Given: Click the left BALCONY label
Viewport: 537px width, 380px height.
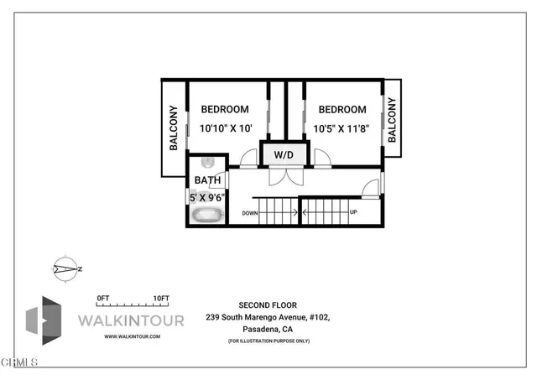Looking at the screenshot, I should coord(174,128).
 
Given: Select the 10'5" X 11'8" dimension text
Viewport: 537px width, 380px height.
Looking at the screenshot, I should coord(342,128).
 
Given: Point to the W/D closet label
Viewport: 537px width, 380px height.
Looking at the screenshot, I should coord(284,155).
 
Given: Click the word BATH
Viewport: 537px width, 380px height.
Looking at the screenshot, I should coord(207,180).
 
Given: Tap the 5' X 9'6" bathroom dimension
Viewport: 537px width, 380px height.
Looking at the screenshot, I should coord(207,197).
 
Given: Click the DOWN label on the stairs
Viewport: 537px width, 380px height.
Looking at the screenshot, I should coord(249,213).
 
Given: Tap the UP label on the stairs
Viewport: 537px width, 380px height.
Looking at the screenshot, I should coord(353,212).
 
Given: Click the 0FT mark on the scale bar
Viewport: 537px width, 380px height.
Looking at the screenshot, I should coord(103,298).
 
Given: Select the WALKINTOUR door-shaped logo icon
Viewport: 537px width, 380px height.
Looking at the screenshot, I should coord(42,320).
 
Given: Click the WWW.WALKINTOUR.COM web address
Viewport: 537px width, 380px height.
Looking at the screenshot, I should coord(132,336).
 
